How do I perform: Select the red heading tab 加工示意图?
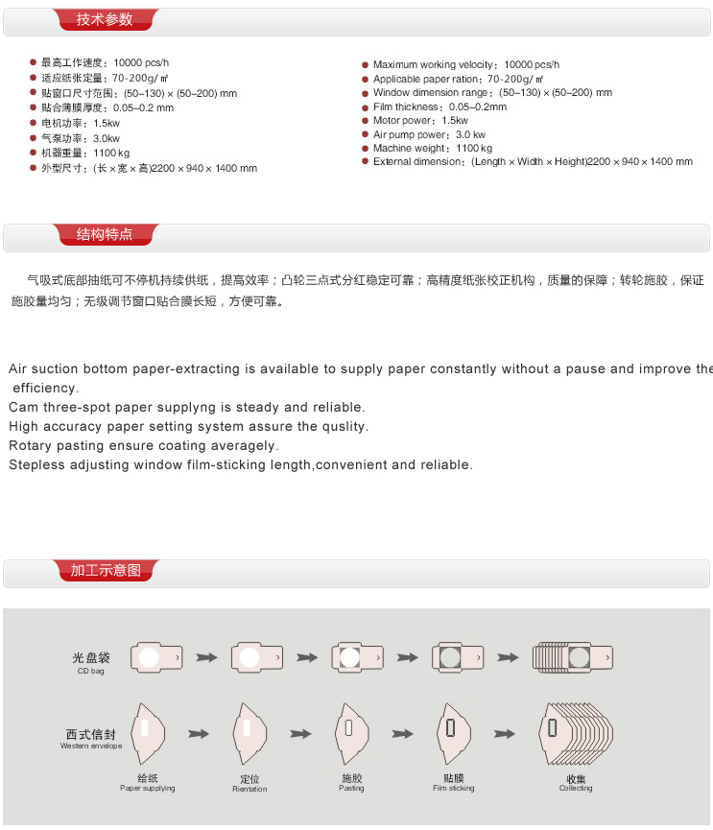[x=106, y=571]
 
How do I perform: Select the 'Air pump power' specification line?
[x=429, y=134]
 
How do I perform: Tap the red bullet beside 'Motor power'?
[x=366, y=121]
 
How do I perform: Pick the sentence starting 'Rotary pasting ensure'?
[x=144, y=445]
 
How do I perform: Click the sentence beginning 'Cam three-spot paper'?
[x=187, y=407]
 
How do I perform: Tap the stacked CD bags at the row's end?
[x=572, y=656]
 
